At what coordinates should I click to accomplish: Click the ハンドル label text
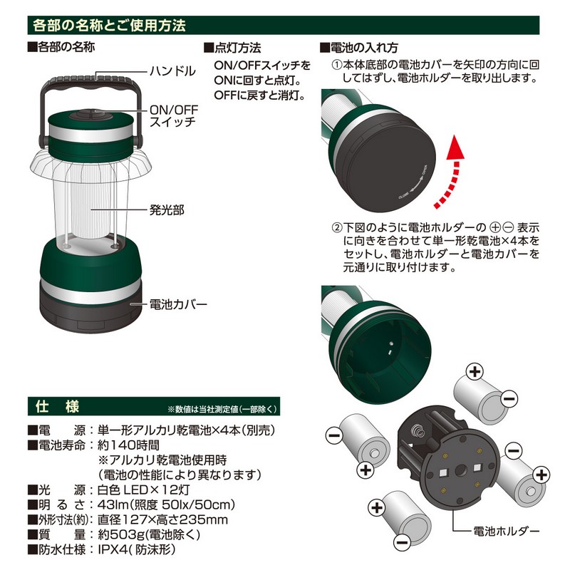pos(172,71)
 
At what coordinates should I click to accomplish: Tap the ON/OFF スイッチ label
pos(174,116)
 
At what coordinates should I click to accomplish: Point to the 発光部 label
pos(167,209)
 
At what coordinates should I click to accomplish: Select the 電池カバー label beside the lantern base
pos(178,304)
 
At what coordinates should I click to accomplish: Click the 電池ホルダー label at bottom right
pos(506,531)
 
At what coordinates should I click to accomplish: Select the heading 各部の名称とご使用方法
pos(110,25)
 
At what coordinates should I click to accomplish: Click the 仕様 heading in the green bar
pos(57,406)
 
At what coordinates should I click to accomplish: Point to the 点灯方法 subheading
pos(233,48)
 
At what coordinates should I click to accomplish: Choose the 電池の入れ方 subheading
pos(359,48)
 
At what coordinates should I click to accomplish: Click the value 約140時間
pos(128,445)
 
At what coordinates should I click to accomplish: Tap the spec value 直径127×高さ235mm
pos(162,519)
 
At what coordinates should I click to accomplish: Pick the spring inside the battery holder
pos(418,432)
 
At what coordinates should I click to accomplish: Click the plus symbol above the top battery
pos(475,371)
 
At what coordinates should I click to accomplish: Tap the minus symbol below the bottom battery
pos(403,543)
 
